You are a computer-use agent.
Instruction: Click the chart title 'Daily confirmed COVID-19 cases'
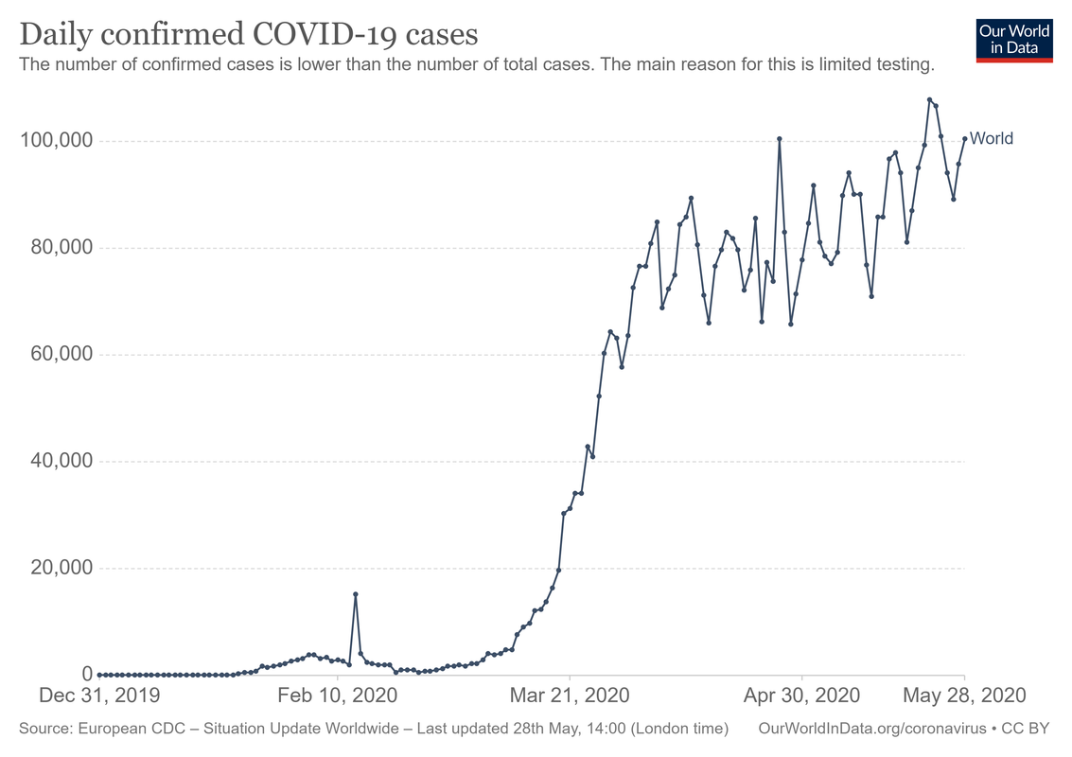248,34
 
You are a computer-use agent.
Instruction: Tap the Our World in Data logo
1014,39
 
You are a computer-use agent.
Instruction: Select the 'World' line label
992,139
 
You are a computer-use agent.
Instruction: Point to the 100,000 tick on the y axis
56,141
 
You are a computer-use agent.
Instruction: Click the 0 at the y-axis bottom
86,675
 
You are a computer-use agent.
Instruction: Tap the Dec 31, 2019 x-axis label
98,695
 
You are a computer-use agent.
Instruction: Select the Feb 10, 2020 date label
339,695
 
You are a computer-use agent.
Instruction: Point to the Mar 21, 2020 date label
570,695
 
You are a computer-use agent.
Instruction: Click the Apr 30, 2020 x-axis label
802,695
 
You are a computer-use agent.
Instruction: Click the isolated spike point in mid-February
355,594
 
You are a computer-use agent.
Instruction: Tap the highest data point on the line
929,99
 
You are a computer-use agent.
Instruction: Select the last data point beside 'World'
964,139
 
